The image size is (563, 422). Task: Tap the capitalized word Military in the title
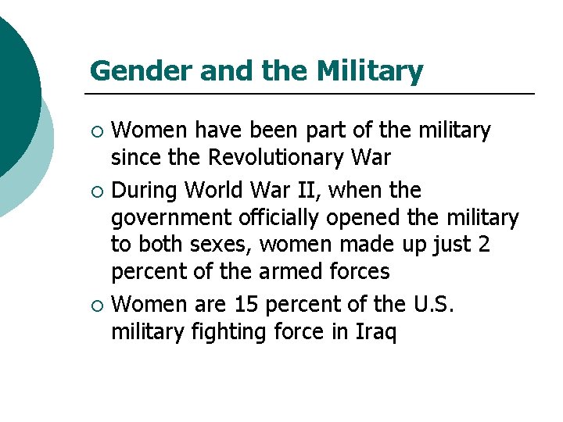pos(370,71)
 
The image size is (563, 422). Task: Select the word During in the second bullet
pos(149,190)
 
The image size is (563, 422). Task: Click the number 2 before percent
pos(484,245)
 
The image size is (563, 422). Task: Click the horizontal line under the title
pos(313,94)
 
